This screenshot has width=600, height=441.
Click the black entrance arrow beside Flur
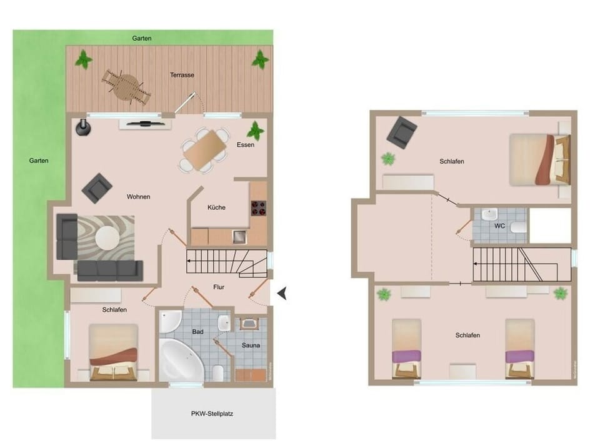pyautogui.click(x=282, y=292)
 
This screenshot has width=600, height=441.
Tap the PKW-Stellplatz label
pyautogui.click(x=213, y=414)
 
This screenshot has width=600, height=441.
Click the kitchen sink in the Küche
pyautogui.click(x=239, y=236)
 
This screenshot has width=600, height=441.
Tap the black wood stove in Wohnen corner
pyautogui.click(x=82, y=127)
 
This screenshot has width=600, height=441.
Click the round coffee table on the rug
pyautogui.click(x=107, y=238)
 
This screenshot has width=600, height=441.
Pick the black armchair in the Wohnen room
pyautogui.click(x=97, y=187)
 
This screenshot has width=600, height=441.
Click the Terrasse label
pyautogui.click(x=182, y=75)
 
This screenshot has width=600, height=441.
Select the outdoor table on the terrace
pyautogui.click(x=127, y=85)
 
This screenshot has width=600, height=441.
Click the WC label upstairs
pyautogui.click(x=499, y=225)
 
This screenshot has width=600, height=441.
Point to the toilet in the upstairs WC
pyautogui.click(x=517, y=227)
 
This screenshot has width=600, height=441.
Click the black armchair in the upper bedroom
pyautogui.click(x=401, y=133)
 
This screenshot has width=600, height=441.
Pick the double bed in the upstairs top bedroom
pyautogui.click(x=539, y=159)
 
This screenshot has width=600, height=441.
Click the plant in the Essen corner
pyautogui.click(x=255, y=131)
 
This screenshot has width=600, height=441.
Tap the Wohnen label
pyautogui.click(x=138, y=197)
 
